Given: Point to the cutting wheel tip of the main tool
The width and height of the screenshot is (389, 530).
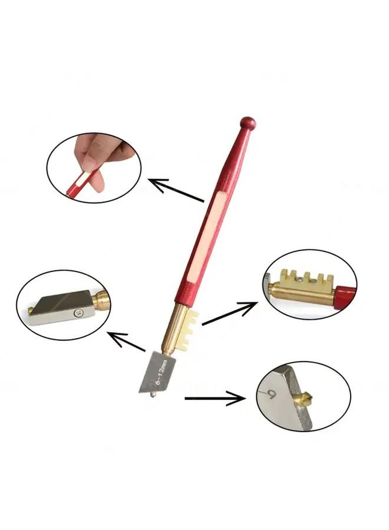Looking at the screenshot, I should click(x=154, y=390).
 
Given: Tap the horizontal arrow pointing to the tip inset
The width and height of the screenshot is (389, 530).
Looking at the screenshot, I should click(x=215, y=399).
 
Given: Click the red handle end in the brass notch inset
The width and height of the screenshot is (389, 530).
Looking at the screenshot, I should click(x=347, y=293).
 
